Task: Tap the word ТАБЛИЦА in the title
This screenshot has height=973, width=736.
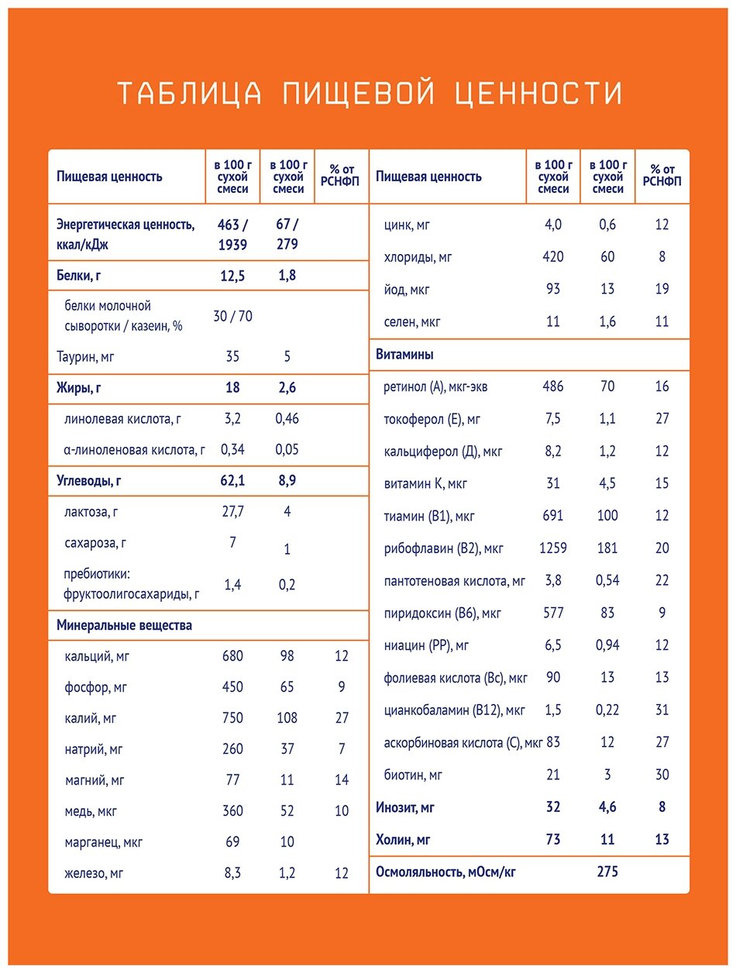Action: (187, 93)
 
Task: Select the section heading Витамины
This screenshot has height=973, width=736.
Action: (404, 355)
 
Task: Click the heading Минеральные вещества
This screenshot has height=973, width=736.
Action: (124, 624)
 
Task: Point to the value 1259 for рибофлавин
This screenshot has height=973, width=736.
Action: (552, 548)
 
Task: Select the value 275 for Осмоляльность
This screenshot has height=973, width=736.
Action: (607, 872)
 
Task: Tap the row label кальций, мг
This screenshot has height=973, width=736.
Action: (100, 656)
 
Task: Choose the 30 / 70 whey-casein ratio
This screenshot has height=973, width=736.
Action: (232, 316)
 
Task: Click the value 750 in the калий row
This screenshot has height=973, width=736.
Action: (232, 718)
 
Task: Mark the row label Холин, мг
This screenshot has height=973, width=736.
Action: (403, 839)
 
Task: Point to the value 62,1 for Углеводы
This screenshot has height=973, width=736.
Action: (232, 481)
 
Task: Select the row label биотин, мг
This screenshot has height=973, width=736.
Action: (414, 775)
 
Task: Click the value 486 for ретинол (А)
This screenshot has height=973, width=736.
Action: (552, 386)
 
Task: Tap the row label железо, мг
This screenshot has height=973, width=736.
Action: (95, 873)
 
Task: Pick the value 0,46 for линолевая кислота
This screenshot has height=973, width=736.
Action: (287, 419)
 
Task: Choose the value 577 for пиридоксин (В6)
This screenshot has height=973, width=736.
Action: (552, 613)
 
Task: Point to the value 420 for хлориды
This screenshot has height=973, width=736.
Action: (552, 256)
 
